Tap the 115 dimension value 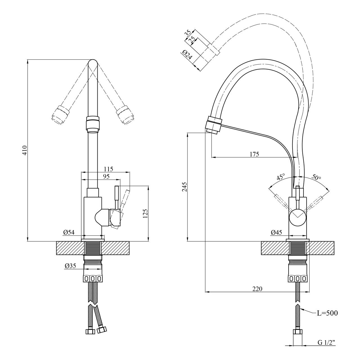pos(109,169)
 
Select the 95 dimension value pos(106,176)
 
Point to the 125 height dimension pos(146,213)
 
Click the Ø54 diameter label pos(69,232)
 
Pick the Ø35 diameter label pos(70,266)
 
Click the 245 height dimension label pos(184,187)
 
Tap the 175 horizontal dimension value pos(255,154)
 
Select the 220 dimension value pos(257,289)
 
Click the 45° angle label pos(281,176)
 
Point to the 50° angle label pos(316,177)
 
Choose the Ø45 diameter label pos(276,232)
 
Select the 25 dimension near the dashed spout pos(192,40)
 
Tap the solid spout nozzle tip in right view pos(212,131)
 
